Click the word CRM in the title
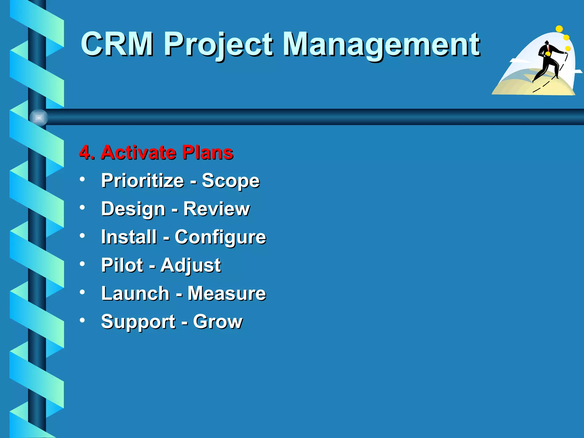(117, 44)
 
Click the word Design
(133, 209)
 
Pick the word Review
(216, 209)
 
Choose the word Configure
(220, 237)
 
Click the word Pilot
(122, 265)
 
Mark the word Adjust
(190, 265)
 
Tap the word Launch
(135, 293)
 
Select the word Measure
(227, 293)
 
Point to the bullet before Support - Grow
(82, 320)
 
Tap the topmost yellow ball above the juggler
(559, 29)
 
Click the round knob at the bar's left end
(39, 117)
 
